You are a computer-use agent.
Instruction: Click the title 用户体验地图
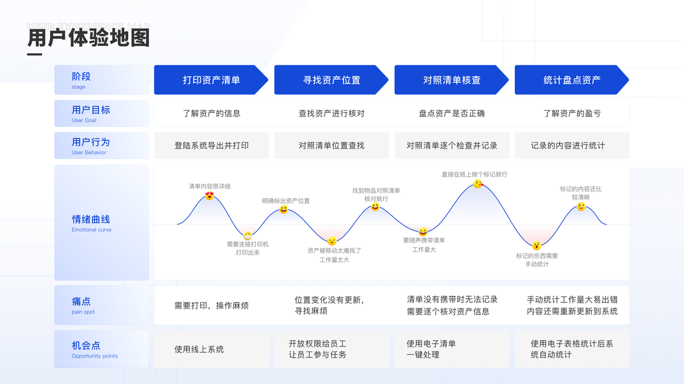pyautogui.click(x=88, y=38)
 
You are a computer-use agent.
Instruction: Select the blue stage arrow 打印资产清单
pyautogui.click(x=211, y=80)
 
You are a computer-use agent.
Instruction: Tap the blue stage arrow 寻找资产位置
pyautogui.click(x=331, y=80)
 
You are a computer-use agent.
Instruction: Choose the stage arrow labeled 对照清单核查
pyautogui.click(x=451, y=80)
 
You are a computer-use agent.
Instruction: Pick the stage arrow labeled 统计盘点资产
pyautogui.click(x=572, y=80)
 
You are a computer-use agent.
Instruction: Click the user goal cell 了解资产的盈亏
pyautogui.click(x=572, y=113)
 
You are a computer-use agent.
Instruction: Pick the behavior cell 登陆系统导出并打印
pyautogui.click(x=212, y=145)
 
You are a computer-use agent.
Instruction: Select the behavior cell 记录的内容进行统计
pyautogui.click(x=567, y=145)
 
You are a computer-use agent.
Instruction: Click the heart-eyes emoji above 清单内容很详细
pyautogui.click(x=210, y=196)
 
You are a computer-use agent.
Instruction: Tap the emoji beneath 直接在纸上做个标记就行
pyautogui.click(x=478, y=184)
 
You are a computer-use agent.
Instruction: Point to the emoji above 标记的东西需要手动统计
pyautogui.click(x=537, y=246)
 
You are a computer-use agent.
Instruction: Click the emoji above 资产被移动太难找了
pyautogui.click(x=332, y=241)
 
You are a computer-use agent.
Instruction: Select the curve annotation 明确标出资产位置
pyautogui.click(x=286, y=201)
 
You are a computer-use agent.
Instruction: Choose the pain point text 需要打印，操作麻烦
pyautogui.click(x=212, y=305)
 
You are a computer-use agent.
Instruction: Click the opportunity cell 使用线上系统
pyautogui.click(x=199, y=349)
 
